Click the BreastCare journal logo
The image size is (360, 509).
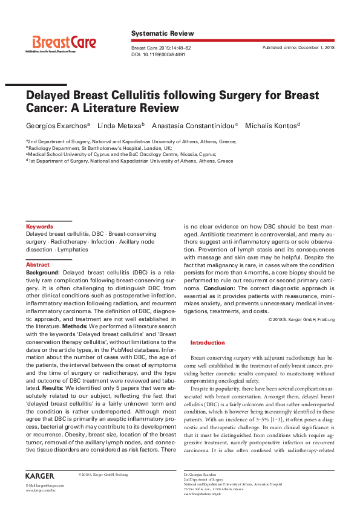point(64,43)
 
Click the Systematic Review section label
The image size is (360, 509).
point(163,33)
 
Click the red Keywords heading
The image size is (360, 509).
point(39,227)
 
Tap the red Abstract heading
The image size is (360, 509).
point(38,265)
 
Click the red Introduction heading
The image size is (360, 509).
point(207,343)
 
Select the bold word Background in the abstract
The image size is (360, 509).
point(42,273)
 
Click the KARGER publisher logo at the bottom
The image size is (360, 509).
point(40,476)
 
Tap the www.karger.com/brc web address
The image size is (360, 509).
point(41,490)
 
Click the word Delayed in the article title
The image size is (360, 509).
point(50,96)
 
